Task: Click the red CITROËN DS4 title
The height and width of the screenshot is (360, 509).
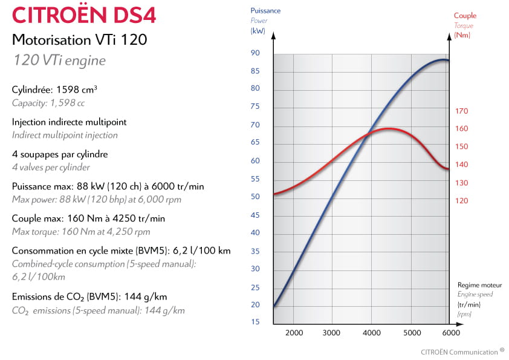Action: point(84,15)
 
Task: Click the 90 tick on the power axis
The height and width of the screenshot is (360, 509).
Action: point(255,53)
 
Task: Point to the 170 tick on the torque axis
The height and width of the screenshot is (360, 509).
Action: point(462,111)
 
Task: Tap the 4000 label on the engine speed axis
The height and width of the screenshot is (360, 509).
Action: point(372,333)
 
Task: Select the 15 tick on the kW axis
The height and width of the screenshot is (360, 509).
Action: point(255,322)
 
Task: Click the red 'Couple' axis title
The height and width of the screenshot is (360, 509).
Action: point(465,16)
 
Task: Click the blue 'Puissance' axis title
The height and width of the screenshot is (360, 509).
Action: point(265,10)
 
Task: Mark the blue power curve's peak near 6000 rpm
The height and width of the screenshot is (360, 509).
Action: point(443,60)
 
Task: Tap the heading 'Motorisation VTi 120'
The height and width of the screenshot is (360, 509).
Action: point(79,40)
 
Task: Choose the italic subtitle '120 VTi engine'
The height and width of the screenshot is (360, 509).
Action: point(59,61)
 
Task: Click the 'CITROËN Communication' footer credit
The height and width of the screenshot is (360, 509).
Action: point(459,352)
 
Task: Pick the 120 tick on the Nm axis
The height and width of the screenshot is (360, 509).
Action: point(462,201)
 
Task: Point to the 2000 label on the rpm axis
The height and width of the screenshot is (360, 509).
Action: point(294,333)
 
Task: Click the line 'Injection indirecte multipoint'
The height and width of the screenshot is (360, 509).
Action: point(70,122)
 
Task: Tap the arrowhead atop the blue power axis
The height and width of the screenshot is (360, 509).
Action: point(273,35)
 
